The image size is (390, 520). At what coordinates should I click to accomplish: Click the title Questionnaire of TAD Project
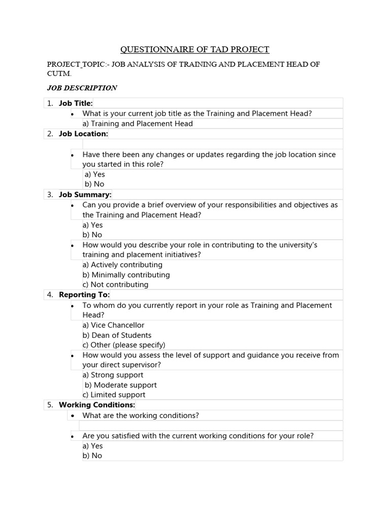point(194,49)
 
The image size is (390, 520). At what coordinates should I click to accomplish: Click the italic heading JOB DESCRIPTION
point(82,88)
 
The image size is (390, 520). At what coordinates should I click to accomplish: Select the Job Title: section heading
point(76,103)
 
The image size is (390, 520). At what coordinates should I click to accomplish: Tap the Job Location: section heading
point(83,134)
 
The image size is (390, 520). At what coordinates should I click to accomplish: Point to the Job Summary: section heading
point(85,194)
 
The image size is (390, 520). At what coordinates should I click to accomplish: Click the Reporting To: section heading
point(84,295)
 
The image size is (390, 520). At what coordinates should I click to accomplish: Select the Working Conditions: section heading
point(96,405)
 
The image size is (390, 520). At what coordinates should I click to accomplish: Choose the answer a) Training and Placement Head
point(138,123)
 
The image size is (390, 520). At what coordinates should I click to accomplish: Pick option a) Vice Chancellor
point(113,325)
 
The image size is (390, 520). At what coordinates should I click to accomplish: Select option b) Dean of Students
point(117,335)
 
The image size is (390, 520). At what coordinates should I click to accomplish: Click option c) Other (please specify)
point(124,345)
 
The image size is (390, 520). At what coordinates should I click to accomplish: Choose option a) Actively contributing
point(122,265)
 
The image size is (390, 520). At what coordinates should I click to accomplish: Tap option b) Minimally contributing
point(126,275)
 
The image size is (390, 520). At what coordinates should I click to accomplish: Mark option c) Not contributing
point(115,284)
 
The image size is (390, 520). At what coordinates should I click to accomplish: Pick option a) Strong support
point(113,375)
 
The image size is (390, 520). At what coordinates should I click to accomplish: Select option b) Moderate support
point(120,385)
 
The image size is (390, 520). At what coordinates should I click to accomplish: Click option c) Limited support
point(114,395)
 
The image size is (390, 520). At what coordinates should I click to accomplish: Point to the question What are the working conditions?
point(141,415)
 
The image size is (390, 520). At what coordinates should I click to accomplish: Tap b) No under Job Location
point(94,184)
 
